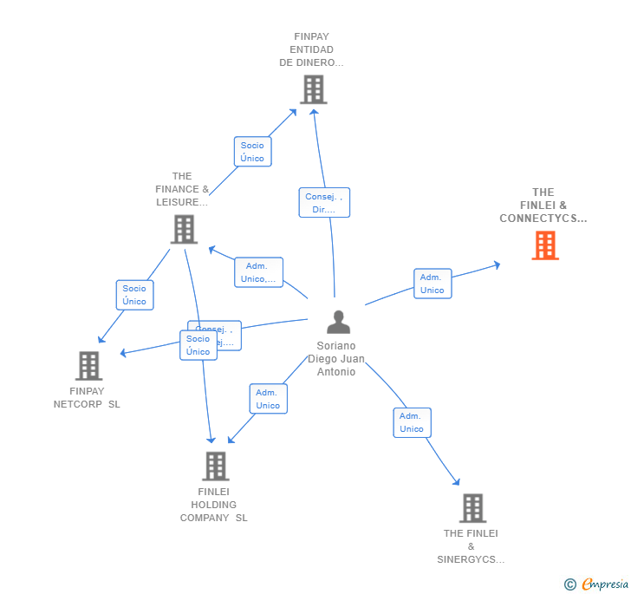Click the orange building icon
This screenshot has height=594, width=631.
(x=544, y=245)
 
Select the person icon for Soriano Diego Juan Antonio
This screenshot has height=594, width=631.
(x=338, y=322)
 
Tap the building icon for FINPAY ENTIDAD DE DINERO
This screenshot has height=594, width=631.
(x=313, y=88)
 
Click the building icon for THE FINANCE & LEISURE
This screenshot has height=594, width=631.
(x=184, y=230)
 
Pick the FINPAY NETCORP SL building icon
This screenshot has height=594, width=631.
(x=88, y=366)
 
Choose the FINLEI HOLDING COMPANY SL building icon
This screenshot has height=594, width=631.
(x=215, y=466)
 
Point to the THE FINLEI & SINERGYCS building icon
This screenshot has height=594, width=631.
(x=472, y=508)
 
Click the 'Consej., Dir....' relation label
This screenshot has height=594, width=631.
(x=324, y=203)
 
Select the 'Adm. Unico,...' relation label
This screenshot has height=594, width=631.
(x=258, y=272)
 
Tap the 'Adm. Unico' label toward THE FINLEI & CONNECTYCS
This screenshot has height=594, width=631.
(x=432, y=284)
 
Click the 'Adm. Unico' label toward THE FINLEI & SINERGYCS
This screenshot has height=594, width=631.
(x=412, y=422)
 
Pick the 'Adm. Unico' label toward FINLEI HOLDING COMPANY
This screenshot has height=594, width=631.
(x=268, y=399)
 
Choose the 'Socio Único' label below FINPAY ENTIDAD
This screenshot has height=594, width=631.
(x=252, y=152)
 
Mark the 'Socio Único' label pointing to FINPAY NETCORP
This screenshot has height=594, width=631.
(x=134, y=295)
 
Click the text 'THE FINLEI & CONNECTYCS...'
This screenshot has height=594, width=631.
(x=543, y=206)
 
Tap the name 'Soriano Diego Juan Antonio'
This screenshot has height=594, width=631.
(x=336, y=359)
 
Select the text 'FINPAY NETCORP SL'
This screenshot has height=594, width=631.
(x=87, y=398)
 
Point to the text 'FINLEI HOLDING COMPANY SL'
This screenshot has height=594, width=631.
(x=213, y=505)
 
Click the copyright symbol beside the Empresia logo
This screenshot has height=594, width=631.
(x=569, y=584)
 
